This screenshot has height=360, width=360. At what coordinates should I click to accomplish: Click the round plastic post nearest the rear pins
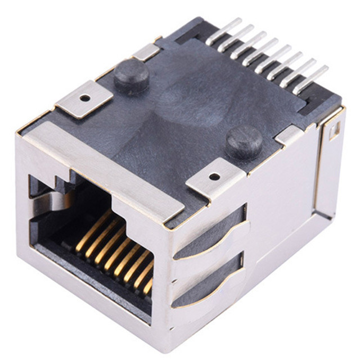[x=131, y=75]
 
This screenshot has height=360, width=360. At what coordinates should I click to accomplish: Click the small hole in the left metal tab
[x=84, y=97]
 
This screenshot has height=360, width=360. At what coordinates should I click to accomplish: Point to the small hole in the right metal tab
[x=214, y=176]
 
